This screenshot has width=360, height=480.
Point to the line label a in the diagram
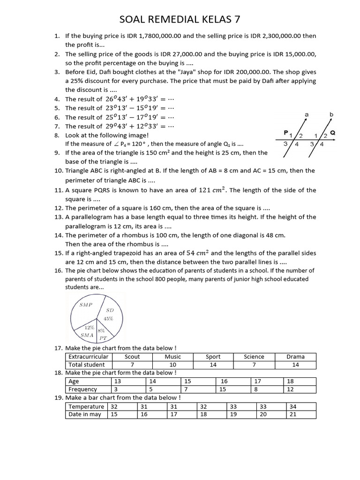point(306,114)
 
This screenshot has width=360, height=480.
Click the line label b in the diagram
point(331,114)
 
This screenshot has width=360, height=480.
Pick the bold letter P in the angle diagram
point(286,133)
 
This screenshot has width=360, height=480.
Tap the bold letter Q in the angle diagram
point(333,133)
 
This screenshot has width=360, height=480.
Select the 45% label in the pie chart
point(109,319)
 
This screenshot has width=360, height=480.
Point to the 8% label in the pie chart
point(101,330)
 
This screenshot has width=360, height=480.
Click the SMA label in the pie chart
point(87,335)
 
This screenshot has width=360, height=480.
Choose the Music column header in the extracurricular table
point(173,357)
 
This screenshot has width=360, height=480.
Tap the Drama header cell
point(295,357)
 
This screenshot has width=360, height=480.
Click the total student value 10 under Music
point(173,365)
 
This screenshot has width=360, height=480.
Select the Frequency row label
point(83,389)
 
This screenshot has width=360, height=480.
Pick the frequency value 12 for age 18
point(290,389)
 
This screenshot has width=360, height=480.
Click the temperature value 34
point(293,406)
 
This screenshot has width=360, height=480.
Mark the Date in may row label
point(85,414)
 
